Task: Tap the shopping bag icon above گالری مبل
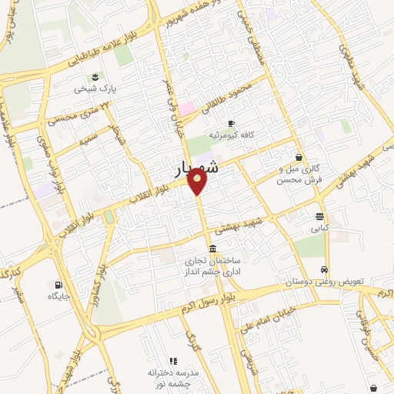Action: [x=298, y=157]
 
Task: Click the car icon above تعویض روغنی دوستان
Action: [x=326, y=270]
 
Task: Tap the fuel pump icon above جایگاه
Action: [x=59, y=284]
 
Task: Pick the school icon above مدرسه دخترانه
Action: [x=173, y=360]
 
